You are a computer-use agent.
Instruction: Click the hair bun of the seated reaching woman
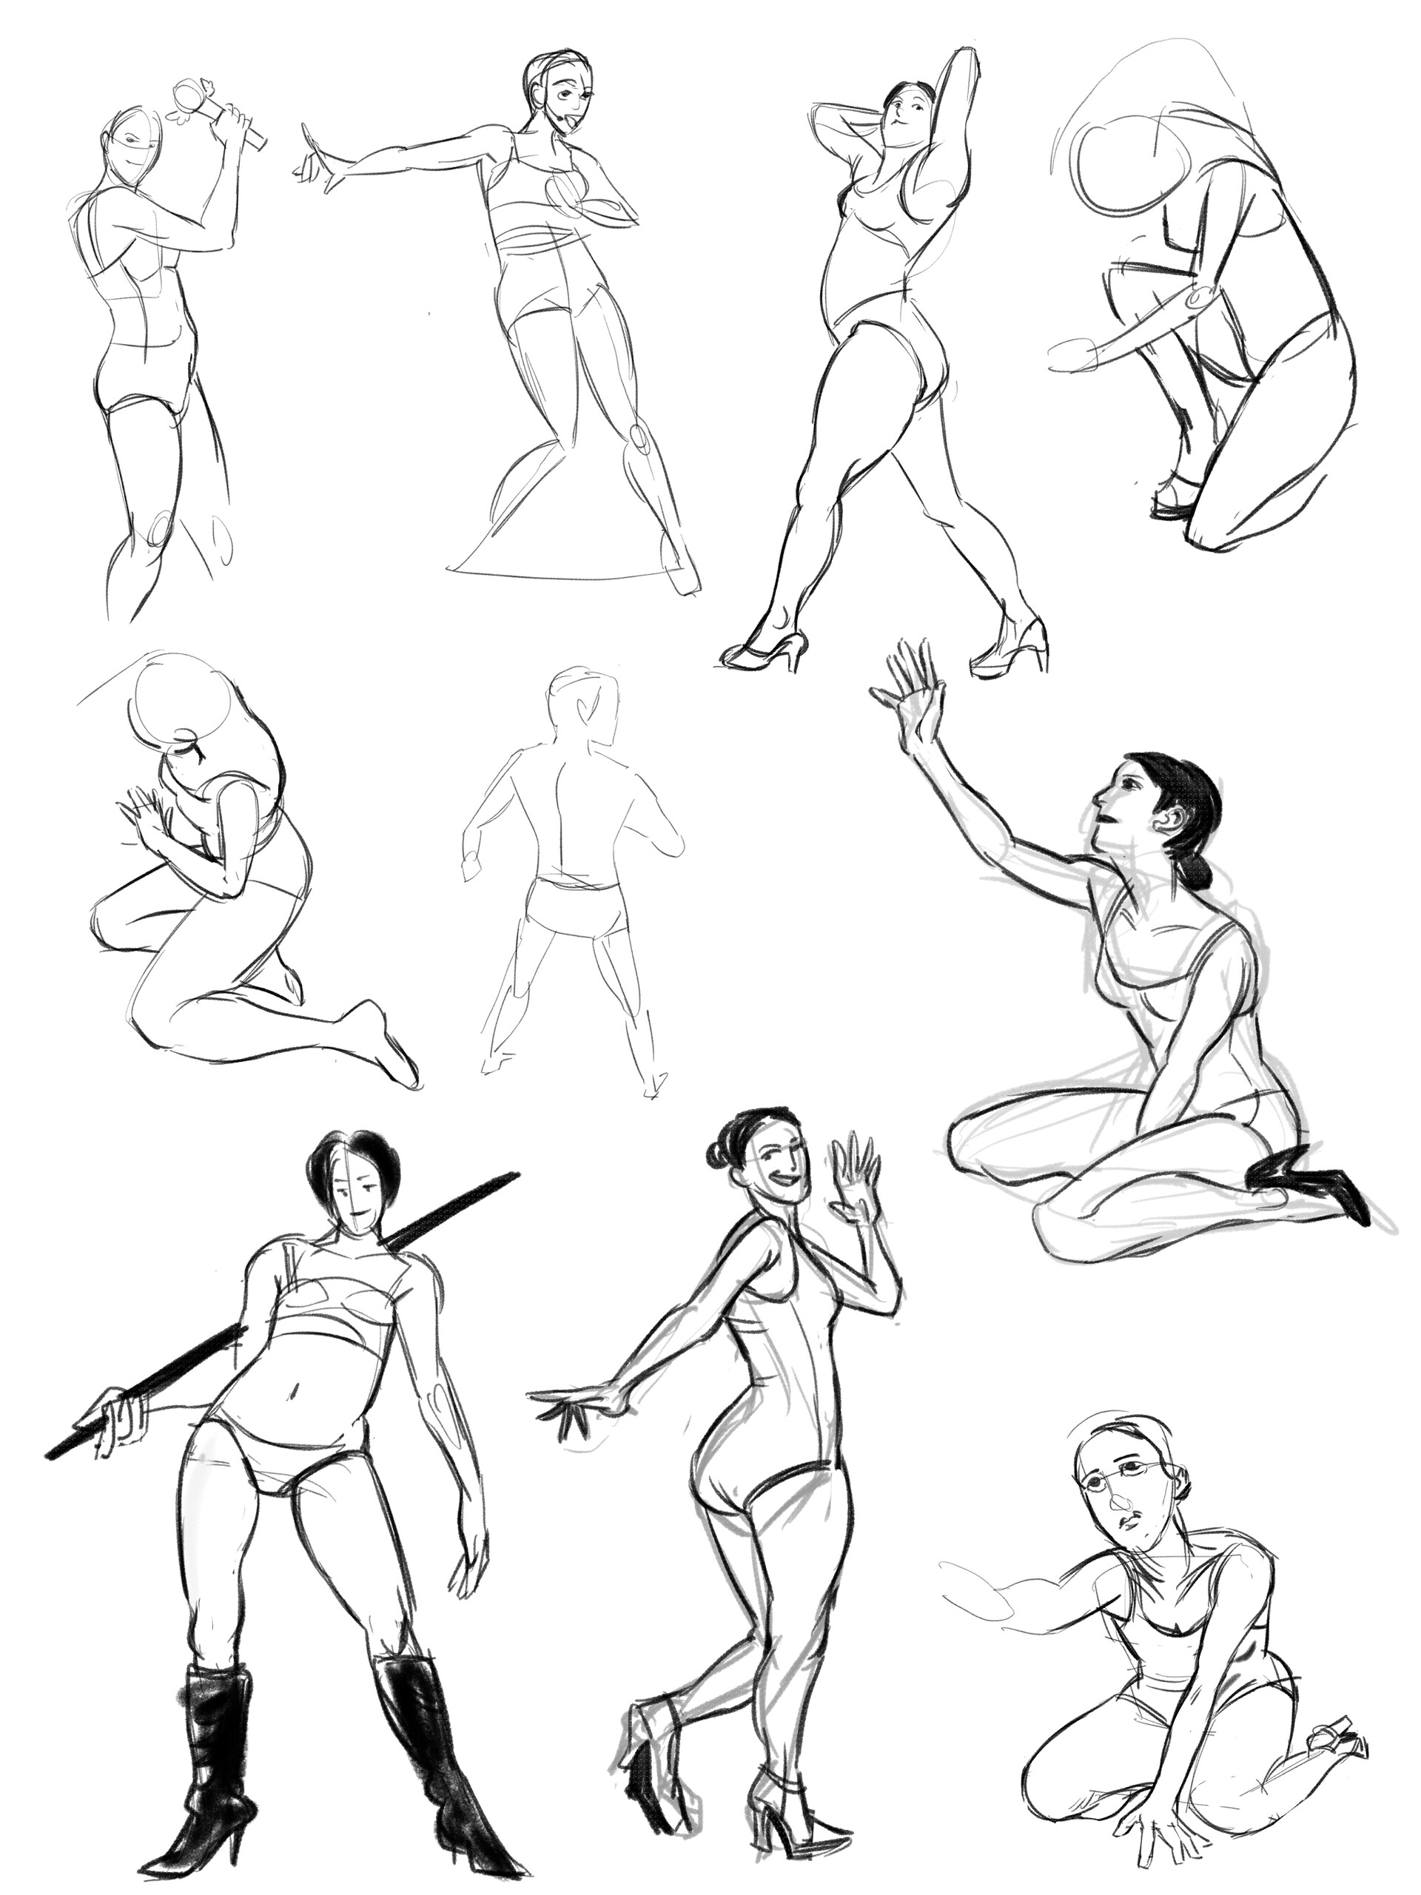1194,872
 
